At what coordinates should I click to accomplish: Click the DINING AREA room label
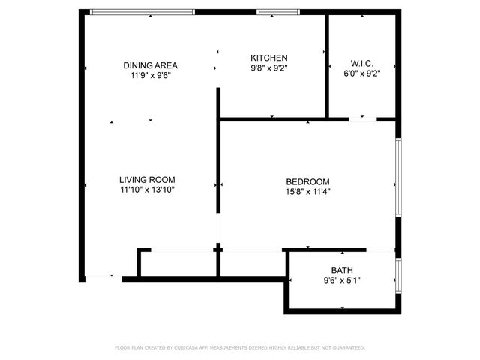pos(150,65)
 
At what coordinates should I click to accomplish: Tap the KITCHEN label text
pos(268,58)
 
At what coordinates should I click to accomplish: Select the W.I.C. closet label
pos(361,63)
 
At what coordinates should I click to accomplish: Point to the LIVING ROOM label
pos(147,180)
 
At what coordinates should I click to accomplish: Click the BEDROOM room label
pos(307,181)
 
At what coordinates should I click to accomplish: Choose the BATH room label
pos(342,271)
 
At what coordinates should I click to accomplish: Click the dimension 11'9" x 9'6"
pos(150,75)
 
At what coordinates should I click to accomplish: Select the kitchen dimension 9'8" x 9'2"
pos(268,67)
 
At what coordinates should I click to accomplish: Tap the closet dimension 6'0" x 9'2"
pos(361,73)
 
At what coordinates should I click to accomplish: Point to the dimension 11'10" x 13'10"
pos(147,190)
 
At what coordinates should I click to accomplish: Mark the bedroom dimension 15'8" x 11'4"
pos(307,191)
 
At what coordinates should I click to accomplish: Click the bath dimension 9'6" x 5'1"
pos(342,281)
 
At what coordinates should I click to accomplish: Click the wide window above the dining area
pos(142,12)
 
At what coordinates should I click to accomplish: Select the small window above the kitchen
pos(278,12)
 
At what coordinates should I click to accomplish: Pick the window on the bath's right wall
pos(398,274)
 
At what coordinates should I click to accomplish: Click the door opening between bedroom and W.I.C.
pos(362,118)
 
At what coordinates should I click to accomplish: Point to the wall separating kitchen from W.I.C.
pos(327,66)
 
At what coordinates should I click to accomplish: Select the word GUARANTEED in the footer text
pos(348,348)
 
